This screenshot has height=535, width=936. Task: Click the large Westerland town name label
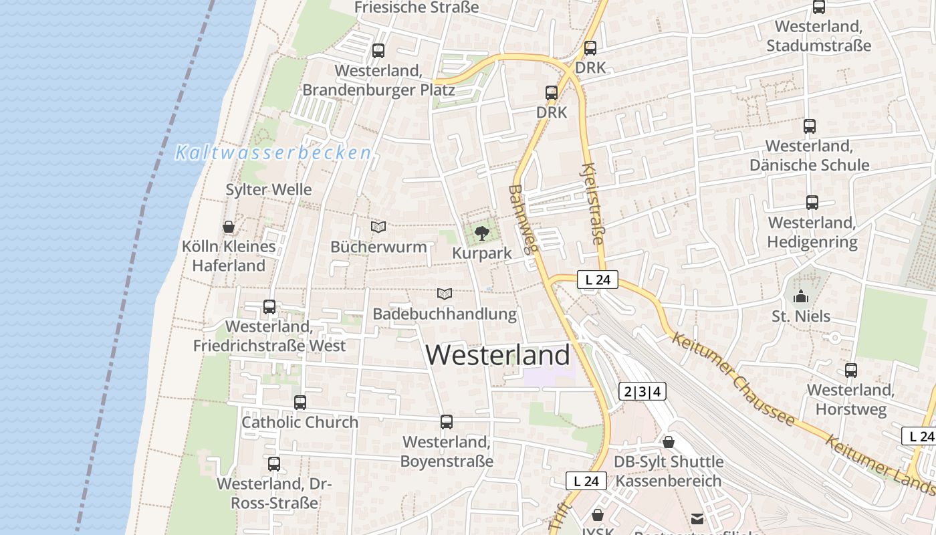click(498, 354)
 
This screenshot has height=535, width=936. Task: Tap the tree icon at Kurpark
click(481, 233)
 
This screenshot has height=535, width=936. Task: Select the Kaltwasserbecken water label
click(273, 153)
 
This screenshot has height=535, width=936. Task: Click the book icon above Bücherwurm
click(378, 227)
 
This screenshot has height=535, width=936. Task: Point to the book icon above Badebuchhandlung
click(445, 294)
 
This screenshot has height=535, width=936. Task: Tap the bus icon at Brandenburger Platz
click(378, 50)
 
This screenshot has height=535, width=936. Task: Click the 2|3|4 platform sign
click(642, 392)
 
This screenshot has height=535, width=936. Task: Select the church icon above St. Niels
click(800, 296)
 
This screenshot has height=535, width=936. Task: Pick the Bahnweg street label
click(523, 219)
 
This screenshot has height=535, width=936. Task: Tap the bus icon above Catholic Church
click(300, 403)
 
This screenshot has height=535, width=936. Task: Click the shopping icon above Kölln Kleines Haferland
click(229, 227)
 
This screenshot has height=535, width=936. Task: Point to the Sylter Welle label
click(269, 190)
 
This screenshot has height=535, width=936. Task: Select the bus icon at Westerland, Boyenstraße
click(447, 422)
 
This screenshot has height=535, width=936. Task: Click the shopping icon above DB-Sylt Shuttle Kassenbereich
click(669, 442)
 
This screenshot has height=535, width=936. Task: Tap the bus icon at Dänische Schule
click(809, 126)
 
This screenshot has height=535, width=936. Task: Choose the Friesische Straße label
click(417, 7)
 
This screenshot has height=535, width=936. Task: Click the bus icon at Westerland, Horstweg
click(851, 370)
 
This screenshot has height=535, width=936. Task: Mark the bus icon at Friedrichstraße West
click(269, 307)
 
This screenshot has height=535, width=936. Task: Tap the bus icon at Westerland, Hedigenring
click(812, 203)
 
